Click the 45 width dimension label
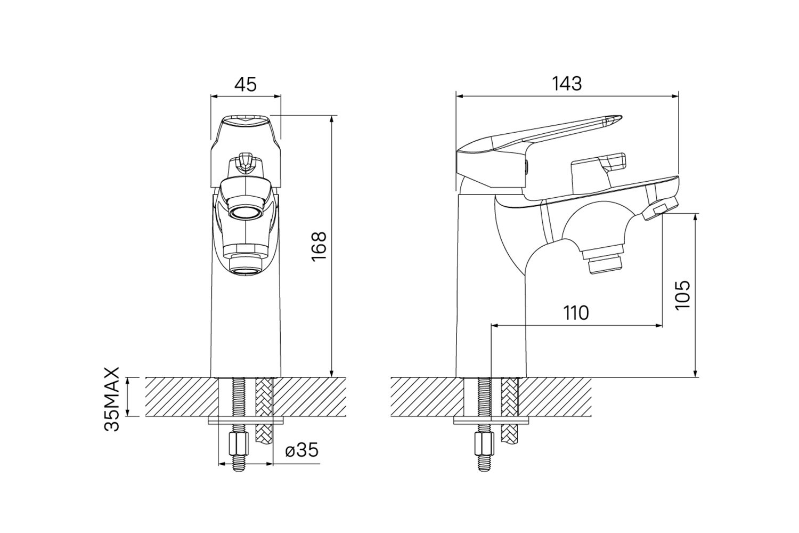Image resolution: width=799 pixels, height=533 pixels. coord(246,85)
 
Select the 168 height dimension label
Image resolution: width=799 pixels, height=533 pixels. coord(319,247)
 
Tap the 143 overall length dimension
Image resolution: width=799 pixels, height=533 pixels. coord(567,84)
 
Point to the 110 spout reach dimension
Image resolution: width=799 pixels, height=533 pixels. coord(576,313)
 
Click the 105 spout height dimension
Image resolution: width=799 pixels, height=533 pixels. coord(683,295)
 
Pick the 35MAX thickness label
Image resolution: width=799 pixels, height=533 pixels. coord(111,399)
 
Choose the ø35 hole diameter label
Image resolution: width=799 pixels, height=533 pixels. coord(302,450)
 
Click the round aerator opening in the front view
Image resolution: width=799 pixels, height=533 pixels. coord(246,214)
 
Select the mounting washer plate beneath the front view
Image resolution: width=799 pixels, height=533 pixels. coord(246,421)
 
